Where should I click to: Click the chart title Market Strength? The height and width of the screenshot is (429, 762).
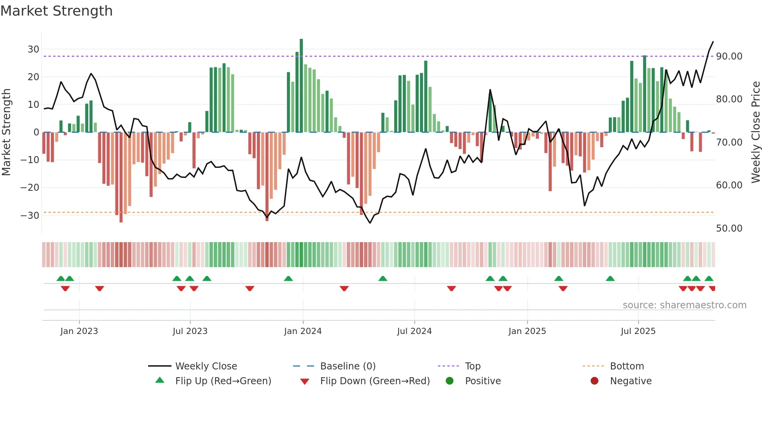click(x=56, y=11)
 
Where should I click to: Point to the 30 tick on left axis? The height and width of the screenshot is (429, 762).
click(x=33, y=49)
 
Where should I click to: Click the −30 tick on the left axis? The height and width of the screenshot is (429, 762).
click(x=30, y=215)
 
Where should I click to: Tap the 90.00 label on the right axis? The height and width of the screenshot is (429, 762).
click(x=729, y=56)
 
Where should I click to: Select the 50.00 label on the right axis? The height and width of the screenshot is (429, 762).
click(x=729, y=229)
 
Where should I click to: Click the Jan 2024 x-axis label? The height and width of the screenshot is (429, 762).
click(x=303, y=331)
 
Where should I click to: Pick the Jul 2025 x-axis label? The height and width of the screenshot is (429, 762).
click(x=638, y=331)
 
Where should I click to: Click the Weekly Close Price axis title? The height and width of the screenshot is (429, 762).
click(x=755, y=132)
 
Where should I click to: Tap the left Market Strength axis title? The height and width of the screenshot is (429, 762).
click(x=6, y=132)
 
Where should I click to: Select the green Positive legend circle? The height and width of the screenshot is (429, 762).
click(x=450, y=381)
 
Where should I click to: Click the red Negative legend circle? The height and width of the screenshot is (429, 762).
click(x=594, y=381)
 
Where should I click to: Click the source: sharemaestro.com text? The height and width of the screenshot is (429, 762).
click(x=684, y=305)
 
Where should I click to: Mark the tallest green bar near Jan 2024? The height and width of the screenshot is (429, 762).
click(x=301, y=86)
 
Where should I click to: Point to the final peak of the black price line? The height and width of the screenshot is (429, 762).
click(x=713, y=42)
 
